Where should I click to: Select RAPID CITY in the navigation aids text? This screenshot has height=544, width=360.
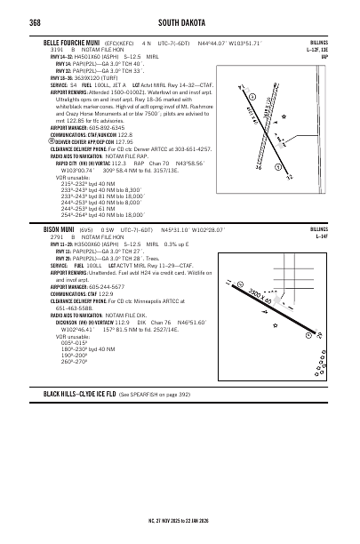(70, 164)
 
